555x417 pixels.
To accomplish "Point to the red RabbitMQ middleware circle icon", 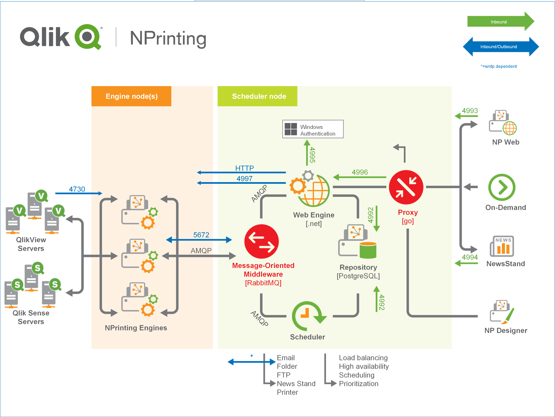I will click(x=261, y=241).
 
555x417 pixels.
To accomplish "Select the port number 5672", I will click(x=201, y=235).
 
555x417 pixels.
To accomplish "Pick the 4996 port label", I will click(x=360, y=172).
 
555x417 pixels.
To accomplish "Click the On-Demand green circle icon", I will click(x=502, y=187).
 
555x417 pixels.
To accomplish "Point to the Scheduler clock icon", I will click(x=307, y=316).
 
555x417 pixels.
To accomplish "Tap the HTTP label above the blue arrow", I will click(x=244, y=168).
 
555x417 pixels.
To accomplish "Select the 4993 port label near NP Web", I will click(x=470, y=111).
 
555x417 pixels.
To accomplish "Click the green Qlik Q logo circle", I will click(x=87, y=37).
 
